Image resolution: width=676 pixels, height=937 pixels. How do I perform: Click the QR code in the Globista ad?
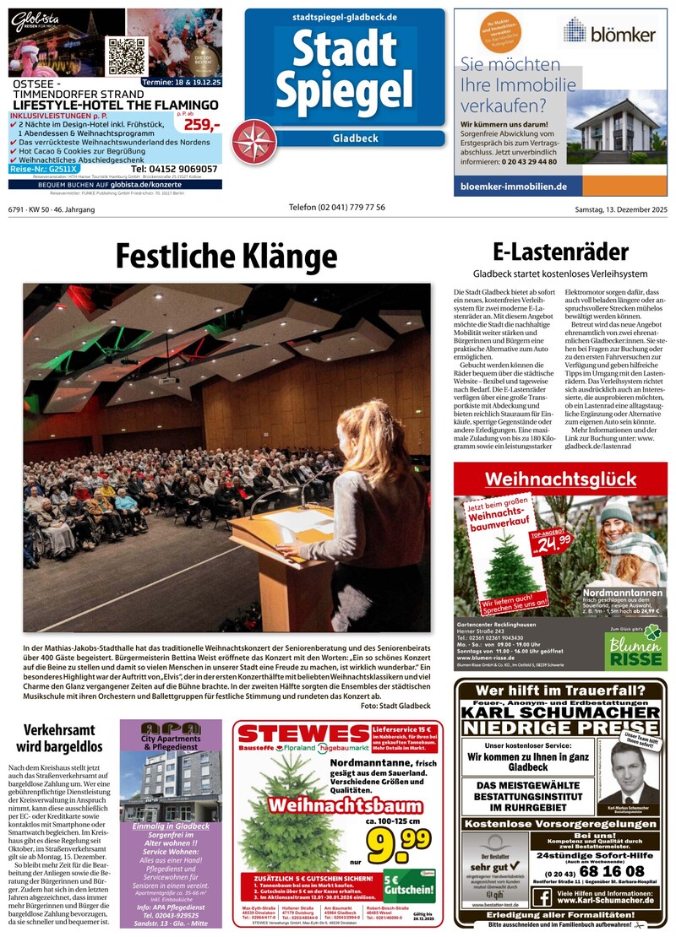(126, 56)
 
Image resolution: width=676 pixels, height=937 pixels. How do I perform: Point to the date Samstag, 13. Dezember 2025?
(621, 208)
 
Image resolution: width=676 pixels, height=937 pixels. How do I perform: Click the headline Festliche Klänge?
(226, 255)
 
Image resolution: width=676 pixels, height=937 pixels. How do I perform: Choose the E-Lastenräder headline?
(560, 252)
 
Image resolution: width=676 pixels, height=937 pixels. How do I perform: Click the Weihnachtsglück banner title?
(560, 479)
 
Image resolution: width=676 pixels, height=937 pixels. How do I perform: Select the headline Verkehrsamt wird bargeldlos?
(58, 737)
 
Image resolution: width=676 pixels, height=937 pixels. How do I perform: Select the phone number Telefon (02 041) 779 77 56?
(336, 208)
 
